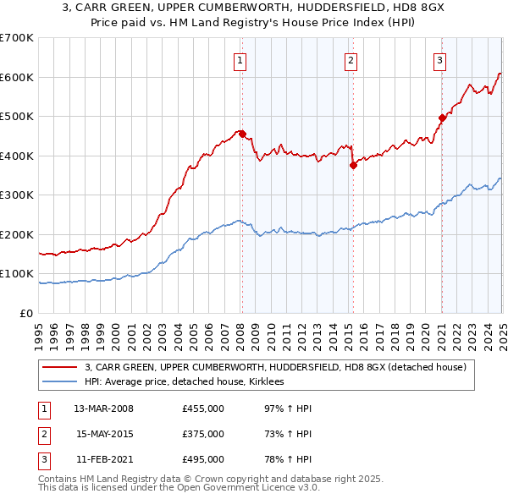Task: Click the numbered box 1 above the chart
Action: click(241, 60)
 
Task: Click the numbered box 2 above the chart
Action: click(351, 60)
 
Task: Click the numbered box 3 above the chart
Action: click(440, 60)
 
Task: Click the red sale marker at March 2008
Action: click(242, 134)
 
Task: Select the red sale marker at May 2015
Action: click(353, 166)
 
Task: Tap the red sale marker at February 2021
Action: click(442, 118)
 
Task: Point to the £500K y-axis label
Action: click(16, 117)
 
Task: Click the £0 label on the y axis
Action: click(27, 313)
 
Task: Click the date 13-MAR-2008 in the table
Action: click(104, 409)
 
